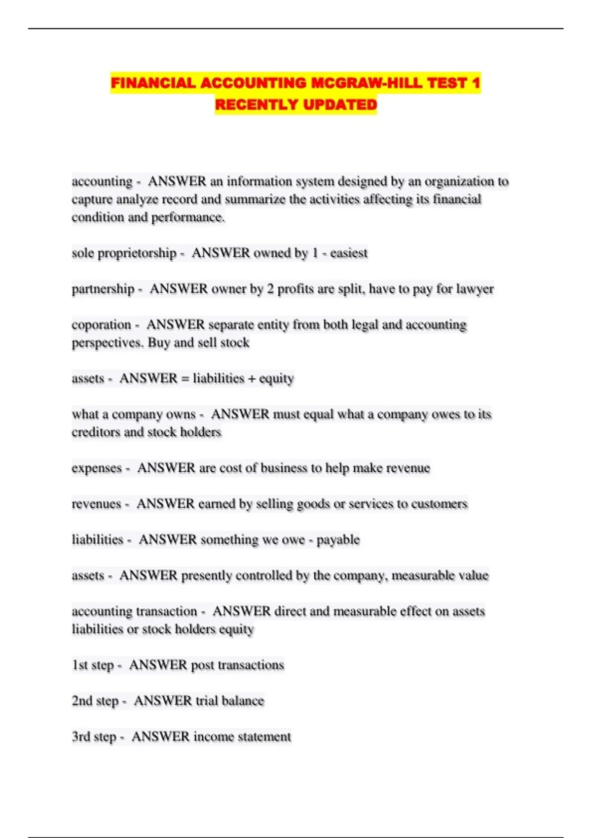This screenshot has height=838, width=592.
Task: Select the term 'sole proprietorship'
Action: (x=124, y=253)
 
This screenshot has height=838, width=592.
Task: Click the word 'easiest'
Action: (x=349, y=253)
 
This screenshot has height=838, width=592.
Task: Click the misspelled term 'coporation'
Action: (x=101, y=325)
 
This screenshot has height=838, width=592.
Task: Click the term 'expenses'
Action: (x=97, y=468)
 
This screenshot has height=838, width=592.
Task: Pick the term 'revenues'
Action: (x=96, y=504)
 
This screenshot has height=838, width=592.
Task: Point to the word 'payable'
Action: (x=338, y=540)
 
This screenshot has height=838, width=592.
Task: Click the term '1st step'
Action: (x=93, y=665)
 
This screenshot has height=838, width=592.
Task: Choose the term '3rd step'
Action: (x=94, y=736)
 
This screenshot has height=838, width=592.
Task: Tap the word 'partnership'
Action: (x=103, y=289)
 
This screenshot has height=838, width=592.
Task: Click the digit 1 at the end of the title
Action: (x=475, y=83)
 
